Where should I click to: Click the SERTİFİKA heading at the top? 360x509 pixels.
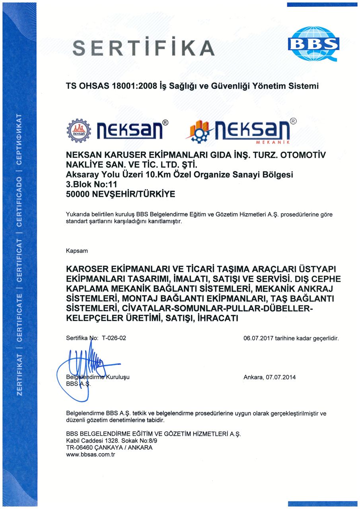(144, 48)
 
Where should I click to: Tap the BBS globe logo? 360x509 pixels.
(314, 43)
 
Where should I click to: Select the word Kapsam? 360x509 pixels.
(77, 251)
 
